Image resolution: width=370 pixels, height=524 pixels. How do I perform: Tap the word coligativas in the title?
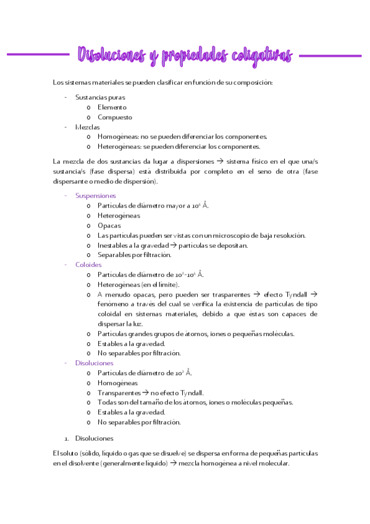point(263,56)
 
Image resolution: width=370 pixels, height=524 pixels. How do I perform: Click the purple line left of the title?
point(37,54)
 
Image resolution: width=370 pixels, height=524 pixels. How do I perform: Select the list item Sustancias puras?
point(99,97)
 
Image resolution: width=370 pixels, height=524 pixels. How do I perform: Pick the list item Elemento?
point(112,107)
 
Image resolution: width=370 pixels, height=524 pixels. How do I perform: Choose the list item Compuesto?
point(115,117)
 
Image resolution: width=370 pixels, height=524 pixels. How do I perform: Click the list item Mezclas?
point(87,127)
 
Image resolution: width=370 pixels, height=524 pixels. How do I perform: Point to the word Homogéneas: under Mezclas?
point(117,137)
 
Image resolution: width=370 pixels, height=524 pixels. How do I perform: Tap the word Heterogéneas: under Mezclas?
point(119,146)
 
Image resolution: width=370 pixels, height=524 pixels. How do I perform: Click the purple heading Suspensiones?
point(95,195)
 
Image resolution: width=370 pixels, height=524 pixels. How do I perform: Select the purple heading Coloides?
point(88,264)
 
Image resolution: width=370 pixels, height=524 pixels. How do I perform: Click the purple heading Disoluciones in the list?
point(94,363)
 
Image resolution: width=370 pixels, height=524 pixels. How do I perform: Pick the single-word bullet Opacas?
point(109,225)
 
